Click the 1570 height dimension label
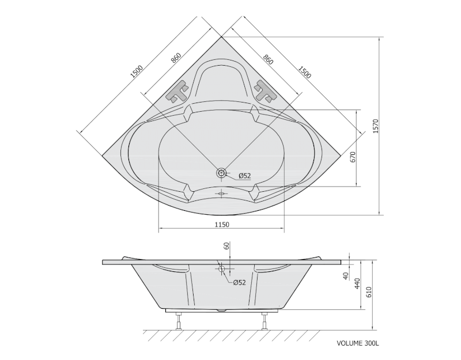[x=376, y=126]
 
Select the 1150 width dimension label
[x=222, y=225]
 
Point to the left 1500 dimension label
[x=137, y=71]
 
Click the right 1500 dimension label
[x=305, y=72]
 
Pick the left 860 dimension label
[x=176, y=58]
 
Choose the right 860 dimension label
[x=268, y=59]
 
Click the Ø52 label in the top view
[x=244, y=176]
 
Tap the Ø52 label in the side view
[x=239, y=282]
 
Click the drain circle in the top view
[x=221, y=173]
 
